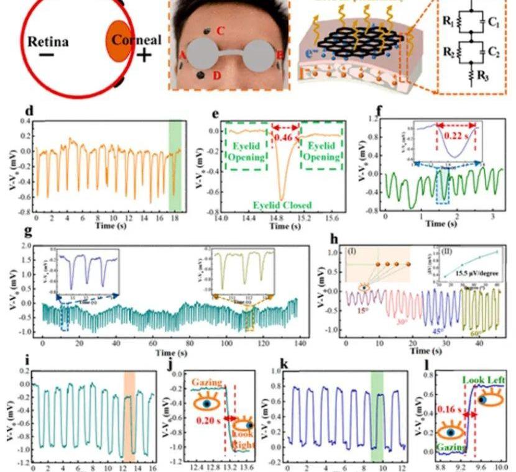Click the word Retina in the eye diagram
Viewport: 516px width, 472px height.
click(48, 42)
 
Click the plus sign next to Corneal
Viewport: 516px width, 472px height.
click(144, 56)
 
